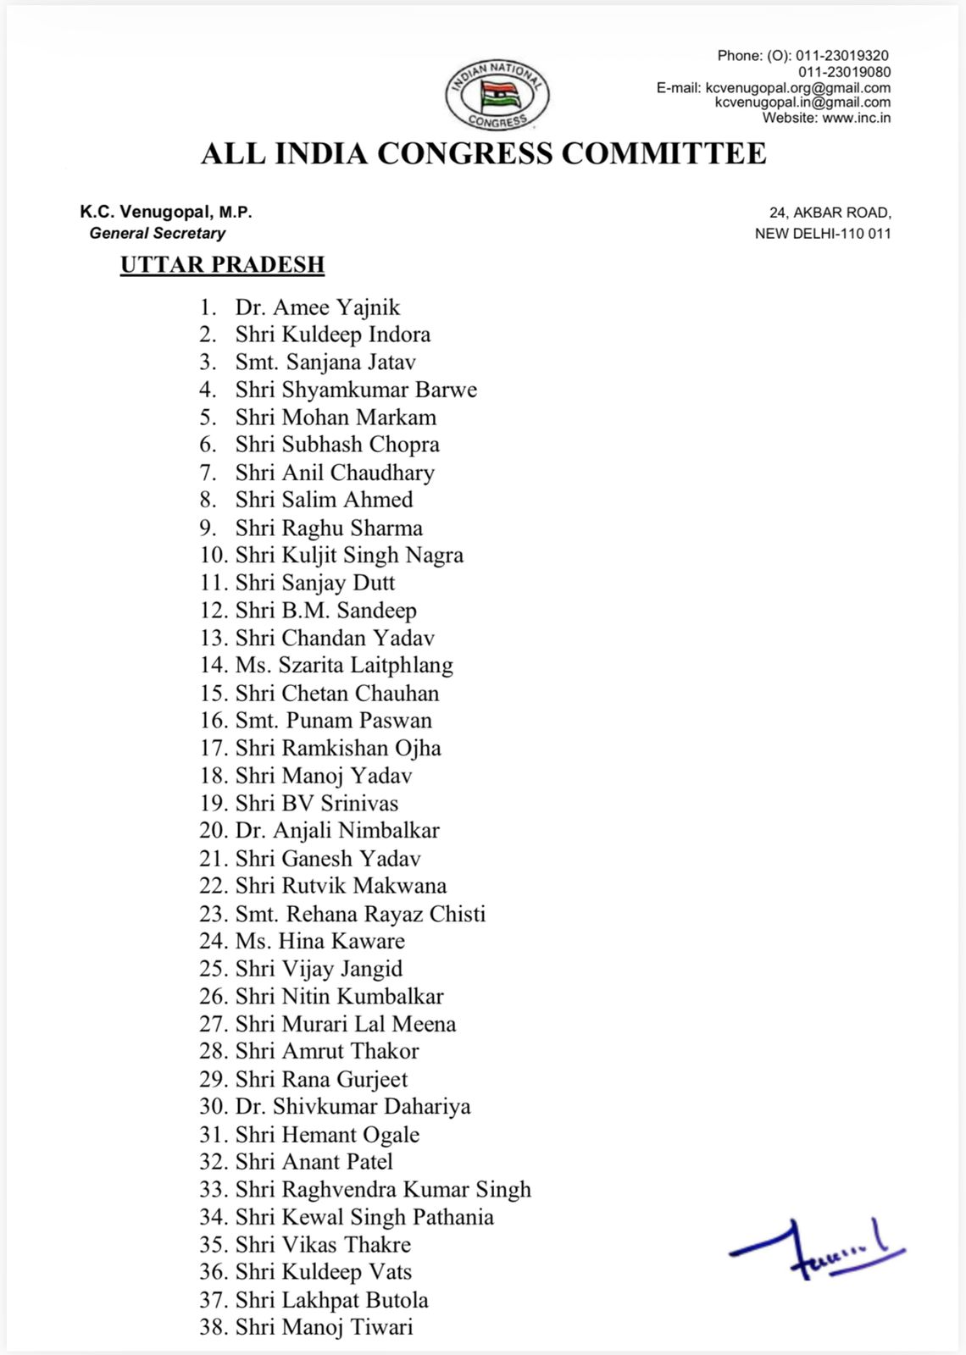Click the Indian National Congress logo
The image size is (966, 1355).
(x=497, y=95)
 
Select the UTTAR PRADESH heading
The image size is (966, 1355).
(x=222, y=265)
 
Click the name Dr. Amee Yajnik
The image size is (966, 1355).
(x=317, y=307)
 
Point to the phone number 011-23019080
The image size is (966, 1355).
(x=844, y=72)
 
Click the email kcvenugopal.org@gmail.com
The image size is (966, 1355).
(x=797, y=87)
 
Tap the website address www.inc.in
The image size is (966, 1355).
(x=856, y=118)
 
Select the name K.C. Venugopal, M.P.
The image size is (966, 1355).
(x=166, y=212)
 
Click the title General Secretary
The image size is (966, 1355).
(x=158, y=233)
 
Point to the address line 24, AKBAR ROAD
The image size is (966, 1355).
(x=830, y=213)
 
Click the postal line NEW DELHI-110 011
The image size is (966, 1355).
(x=823, y=234)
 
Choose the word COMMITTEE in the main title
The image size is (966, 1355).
(x=663, y=154)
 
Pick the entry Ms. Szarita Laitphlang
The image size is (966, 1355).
(x=344, y=666)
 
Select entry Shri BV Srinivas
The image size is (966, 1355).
(x=317, y=804)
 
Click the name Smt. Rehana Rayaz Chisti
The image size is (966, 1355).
(x=360, y=915)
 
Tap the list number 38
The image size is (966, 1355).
(x=212, y=1327)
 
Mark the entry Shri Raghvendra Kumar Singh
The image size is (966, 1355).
(x=383, y=1190)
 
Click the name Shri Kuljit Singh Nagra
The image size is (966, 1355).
(x=349, y=556)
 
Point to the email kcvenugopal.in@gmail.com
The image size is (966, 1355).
(x=802, y=102)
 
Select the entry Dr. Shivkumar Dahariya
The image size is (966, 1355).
(x=353, y=1107)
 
